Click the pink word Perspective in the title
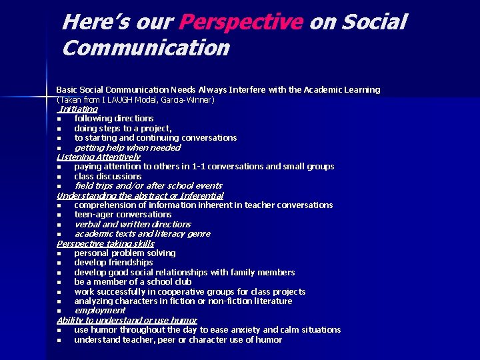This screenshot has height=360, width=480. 241,23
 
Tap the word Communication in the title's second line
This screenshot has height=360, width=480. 145,48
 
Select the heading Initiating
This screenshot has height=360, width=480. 79,109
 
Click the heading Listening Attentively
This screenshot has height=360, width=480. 99,157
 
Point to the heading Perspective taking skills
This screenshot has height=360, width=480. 105,243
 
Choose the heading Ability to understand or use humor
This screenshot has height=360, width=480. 127,320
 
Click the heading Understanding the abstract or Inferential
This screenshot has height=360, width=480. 140,195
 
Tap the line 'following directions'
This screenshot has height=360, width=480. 114,119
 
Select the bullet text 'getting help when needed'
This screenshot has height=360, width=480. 127,147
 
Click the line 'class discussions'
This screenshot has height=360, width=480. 108,176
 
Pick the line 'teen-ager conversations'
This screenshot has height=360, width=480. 123,215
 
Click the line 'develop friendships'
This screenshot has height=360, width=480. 113,263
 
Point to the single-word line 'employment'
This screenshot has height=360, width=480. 100,311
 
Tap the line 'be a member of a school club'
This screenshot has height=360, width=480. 133,282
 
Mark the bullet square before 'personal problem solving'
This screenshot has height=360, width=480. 59,254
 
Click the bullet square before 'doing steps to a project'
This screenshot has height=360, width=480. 59,129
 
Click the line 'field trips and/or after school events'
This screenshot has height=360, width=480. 148,186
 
